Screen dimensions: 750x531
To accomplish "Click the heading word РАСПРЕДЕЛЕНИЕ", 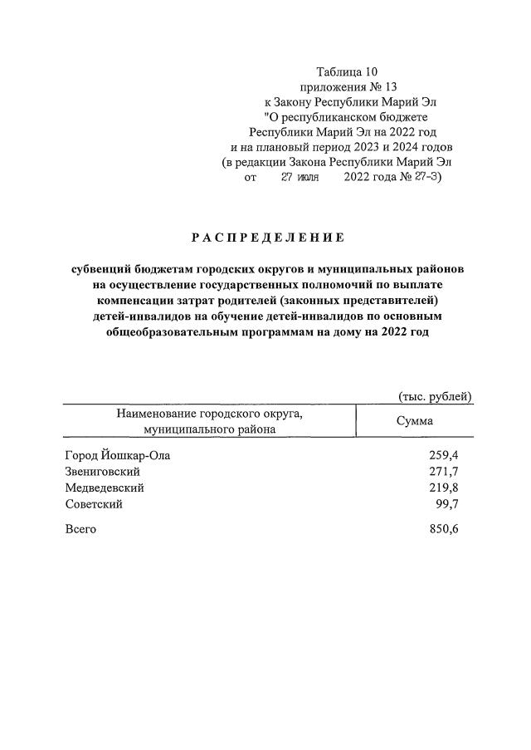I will (x=266, y=238).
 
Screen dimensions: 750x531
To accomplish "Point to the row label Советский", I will (x=94, y=505).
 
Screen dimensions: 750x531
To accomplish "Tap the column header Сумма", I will (x=414, y=421).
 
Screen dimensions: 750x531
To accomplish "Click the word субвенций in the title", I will (x=101, y=270).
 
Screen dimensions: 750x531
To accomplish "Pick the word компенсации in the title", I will (x=132, y=301).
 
